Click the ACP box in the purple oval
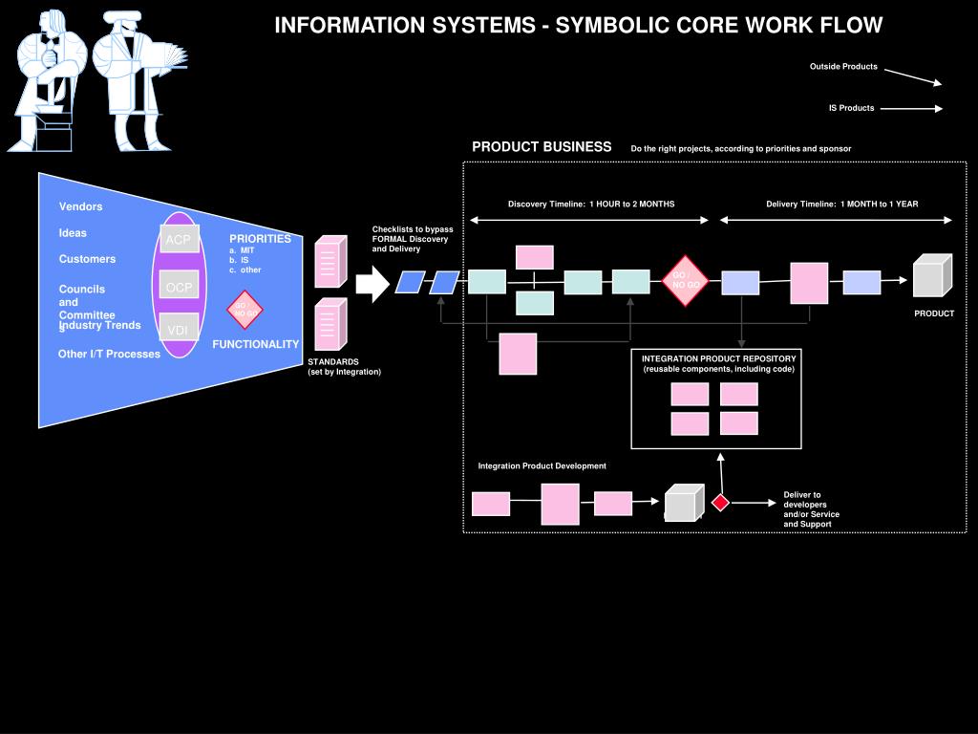[x=179, y=239]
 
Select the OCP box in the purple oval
[x=179, y=286]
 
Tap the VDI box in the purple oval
[x=179, y=329]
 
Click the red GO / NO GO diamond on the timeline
[x=685, y=281]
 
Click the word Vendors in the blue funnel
[x=80, y=206]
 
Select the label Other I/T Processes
[x=109, y=354]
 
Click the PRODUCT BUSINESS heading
[x=542, y=147]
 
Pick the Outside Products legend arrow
[x=913, y=76]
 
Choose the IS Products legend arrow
[x=911, y=108]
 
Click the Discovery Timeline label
[x=591, y=204]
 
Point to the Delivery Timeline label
[x=841, y=204]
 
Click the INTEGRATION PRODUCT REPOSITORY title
[x=718, y=358]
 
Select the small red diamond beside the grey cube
[x=720, y=503]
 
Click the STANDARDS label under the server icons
[x=333, y=362]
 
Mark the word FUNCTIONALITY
[x=255, y=344]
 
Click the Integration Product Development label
[x=542, y=465]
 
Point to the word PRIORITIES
[x=260, y=239]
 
